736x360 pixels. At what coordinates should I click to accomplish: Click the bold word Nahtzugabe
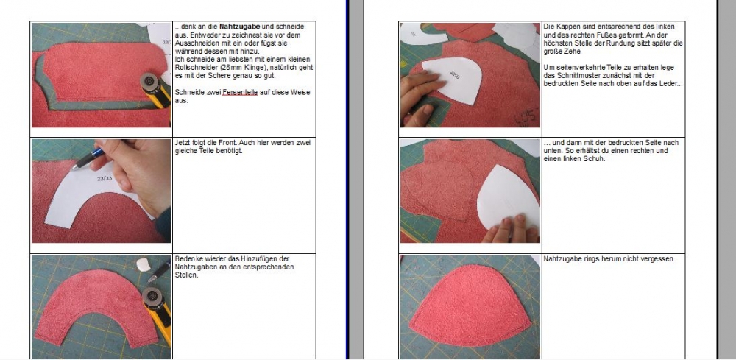pos(240,27)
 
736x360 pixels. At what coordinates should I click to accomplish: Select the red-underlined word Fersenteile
pos(240,93)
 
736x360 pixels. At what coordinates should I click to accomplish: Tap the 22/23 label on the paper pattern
pos(105,179)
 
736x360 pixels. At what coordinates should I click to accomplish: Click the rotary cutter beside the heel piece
pos(155,88)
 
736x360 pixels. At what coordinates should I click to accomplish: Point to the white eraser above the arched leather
pos(144,265)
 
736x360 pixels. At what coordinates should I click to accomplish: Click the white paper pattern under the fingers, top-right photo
pos(451,79)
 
